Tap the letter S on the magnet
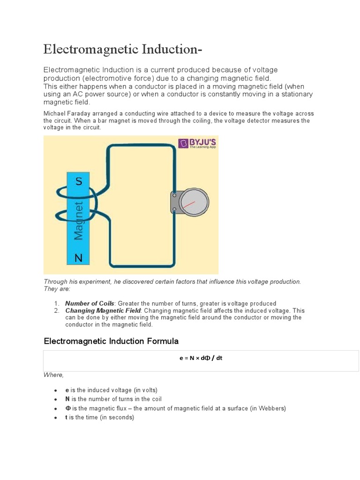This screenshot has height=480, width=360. coord(79,181)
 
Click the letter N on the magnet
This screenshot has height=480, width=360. coord(79,258)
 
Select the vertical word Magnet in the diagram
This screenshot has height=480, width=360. coord(79,220)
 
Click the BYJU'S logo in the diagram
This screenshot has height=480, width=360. coord(196,143)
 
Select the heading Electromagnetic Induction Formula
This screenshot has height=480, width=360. coord(111,341)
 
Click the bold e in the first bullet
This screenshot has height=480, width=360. coord(67,390)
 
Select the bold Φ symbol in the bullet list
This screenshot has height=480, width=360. coord(67,408)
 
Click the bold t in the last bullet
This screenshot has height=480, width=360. coord(67,417)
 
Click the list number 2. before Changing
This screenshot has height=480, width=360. coord(56,310)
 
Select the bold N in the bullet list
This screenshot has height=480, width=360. coord(67,399)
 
